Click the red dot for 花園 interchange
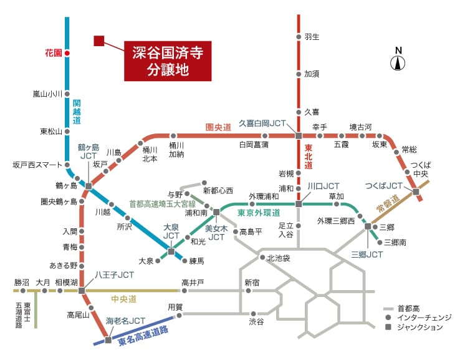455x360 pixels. (x=67, y=53)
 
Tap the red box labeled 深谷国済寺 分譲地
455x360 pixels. (x=168, y=61)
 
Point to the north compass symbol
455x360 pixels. (x=398, y=59)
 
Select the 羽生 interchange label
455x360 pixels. (x=312, y=37)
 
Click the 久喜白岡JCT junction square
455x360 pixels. (x=299, y=135)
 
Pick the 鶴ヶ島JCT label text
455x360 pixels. (x=89, y=152)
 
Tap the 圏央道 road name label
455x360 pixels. (x=218, y=127)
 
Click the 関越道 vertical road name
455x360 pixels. (x=77, y=112)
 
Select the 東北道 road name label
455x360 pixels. (x=308, y=157)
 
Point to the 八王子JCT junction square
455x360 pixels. (x=82, y=291)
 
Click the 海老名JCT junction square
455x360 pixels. (x=108, y=339)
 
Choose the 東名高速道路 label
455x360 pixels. (x=143, y=336)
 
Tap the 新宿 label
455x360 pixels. (x=252, y=282)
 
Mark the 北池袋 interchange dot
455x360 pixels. (x=262, y=258)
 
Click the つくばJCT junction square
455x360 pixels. (x=416, y=192)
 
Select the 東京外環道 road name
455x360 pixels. (x=259, y=213)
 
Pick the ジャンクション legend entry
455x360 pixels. (x=414, y=327)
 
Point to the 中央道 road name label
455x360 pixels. (x=123, y=299)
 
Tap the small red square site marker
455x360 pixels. (x=99, y=41)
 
